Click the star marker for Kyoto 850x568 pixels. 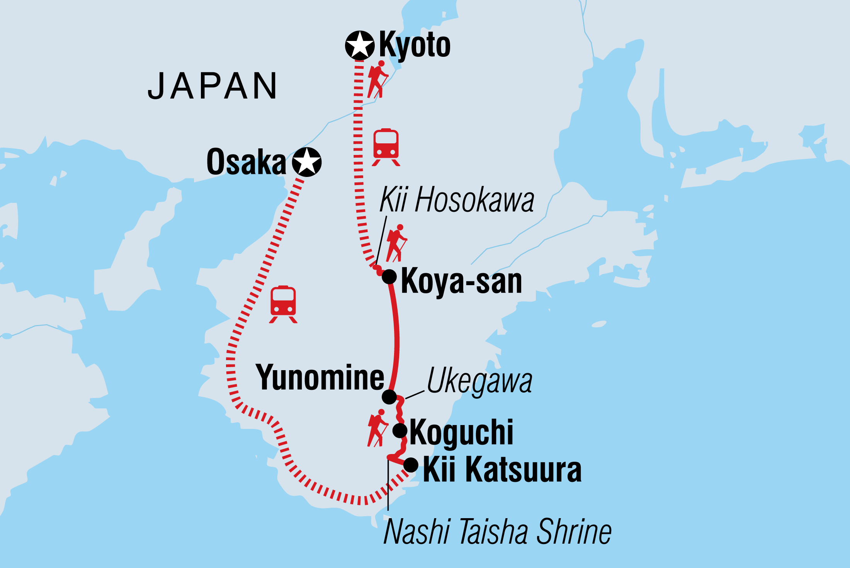(x=360, y=46)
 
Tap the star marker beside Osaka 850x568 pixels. (x=307, y=162)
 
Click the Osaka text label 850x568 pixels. (x=246, y=162)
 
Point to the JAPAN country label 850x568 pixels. (x=212, y=86)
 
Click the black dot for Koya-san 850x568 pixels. (x=389, y=277)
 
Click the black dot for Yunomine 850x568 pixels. (x=389, y=397)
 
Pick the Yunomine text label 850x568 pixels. (x=320, y=377)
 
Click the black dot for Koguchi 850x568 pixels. (x=400, y=430)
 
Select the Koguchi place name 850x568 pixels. (x=461, y=432)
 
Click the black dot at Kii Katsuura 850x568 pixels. (x=411, y=465)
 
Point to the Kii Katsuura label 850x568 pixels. (x=502, y=470)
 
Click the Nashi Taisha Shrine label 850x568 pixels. (x=497, y=532)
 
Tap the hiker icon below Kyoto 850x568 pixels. (x=377, y=79)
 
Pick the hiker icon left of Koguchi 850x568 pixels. (x=377, y=428)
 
